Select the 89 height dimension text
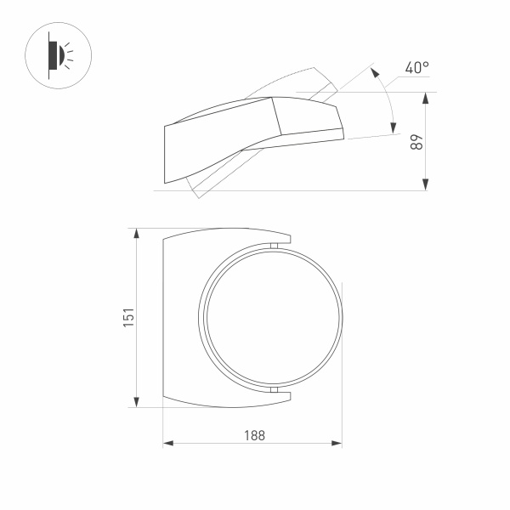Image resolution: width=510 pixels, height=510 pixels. pos(416,142)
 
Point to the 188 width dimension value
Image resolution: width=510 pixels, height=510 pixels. pos(252,434)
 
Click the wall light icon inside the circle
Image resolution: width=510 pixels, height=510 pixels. pos(57,54)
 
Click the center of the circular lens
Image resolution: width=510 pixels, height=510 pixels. pos(272,317)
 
